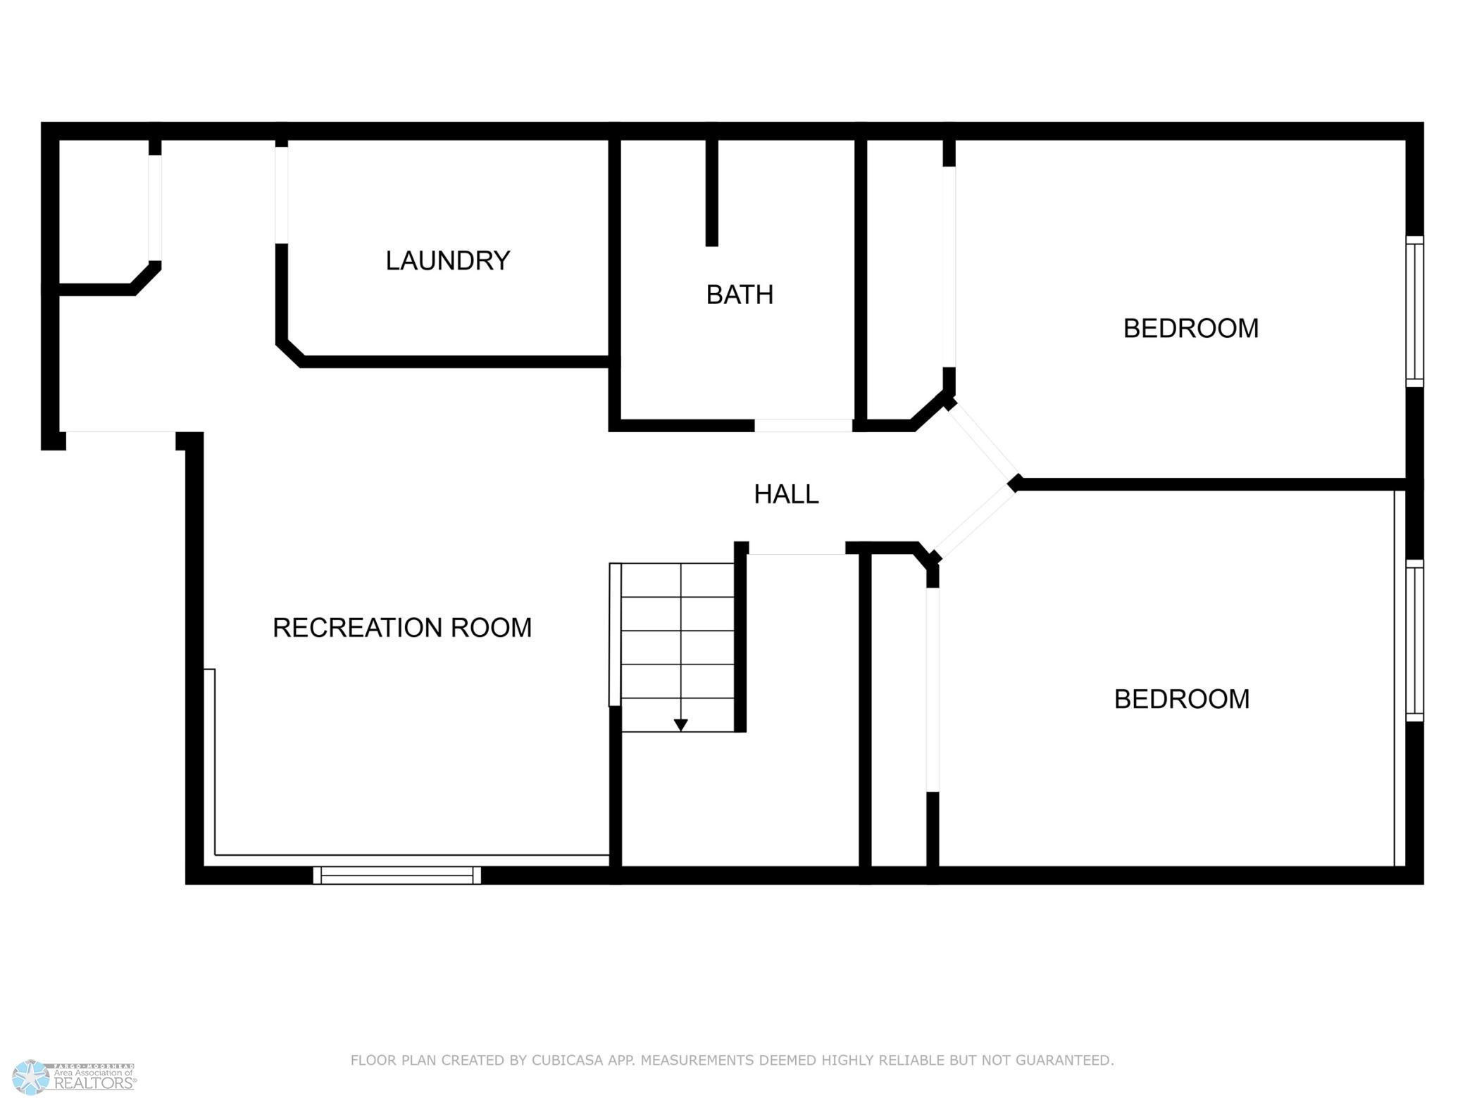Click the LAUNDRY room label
pos(447,261)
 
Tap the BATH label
pos(740,295)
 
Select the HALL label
pos(786,495)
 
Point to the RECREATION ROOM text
pos(401,628)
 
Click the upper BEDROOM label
pos(1190,329)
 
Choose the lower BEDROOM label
pos(1181,700)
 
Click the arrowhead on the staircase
pos(680,725)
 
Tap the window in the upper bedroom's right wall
pos(1414,311)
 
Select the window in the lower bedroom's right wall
pos(1414,640)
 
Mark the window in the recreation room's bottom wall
pos(397,875)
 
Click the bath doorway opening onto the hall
pos(803,426)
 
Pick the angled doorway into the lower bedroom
pos(974,522)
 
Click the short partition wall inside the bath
pos(711,191)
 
